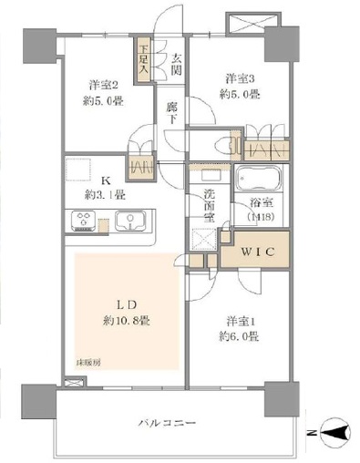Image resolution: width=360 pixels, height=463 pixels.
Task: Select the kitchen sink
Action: (131, 221)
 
